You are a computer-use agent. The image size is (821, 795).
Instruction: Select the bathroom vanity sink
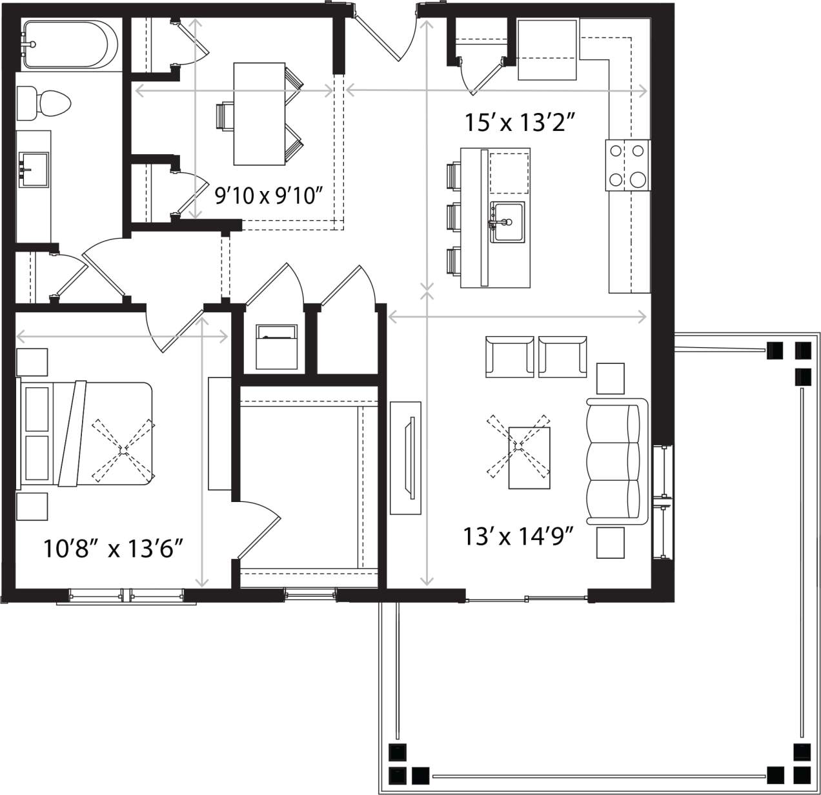34,170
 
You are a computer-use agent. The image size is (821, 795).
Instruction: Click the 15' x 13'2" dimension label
520,121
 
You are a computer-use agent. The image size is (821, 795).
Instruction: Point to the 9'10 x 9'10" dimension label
268,195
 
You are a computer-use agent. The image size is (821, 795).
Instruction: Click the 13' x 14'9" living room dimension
518,536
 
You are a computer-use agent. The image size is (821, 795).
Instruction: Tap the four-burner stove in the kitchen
627,166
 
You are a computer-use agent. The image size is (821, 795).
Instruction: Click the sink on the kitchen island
507,222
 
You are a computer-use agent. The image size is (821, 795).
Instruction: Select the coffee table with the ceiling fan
529,457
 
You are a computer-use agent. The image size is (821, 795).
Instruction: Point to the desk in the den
259,114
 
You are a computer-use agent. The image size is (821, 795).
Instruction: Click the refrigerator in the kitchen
547,50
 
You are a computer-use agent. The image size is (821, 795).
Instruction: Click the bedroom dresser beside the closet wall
219,433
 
